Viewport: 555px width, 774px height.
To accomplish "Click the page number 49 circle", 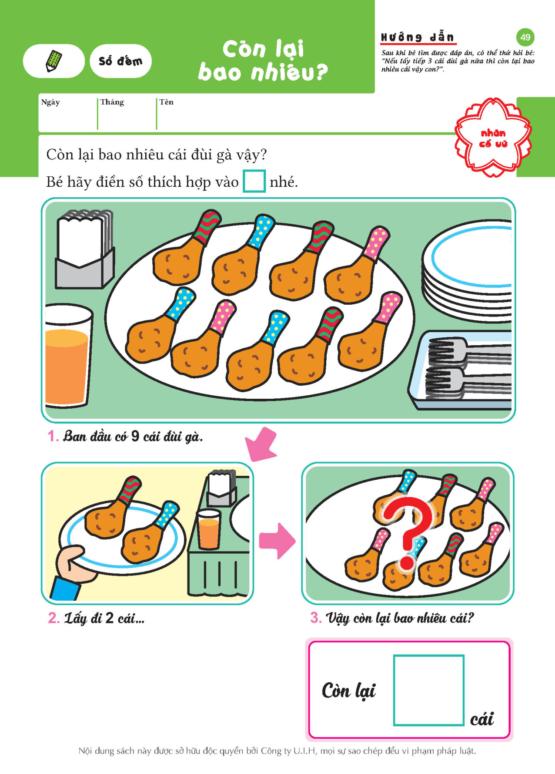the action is (525, 37).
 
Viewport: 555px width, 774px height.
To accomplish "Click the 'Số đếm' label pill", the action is (120, 61).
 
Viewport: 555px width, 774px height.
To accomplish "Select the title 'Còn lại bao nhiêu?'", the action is (263, 61).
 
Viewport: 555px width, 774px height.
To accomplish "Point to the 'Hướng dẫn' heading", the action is (418, 37).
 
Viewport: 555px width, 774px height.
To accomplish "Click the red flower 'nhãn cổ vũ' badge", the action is (493, 138).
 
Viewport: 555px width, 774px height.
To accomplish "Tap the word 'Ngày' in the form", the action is (50, 102).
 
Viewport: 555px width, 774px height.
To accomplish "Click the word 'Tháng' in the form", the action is (112, 102).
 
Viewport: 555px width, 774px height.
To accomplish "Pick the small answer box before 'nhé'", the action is (254, 181).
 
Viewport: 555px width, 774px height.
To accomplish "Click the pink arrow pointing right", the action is (277, 541).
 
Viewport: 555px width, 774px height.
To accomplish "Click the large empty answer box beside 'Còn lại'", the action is (429, 690).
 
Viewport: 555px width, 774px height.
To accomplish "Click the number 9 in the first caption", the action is (135, 436).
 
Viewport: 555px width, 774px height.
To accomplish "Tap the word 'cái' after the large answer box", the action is (482, 719).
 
